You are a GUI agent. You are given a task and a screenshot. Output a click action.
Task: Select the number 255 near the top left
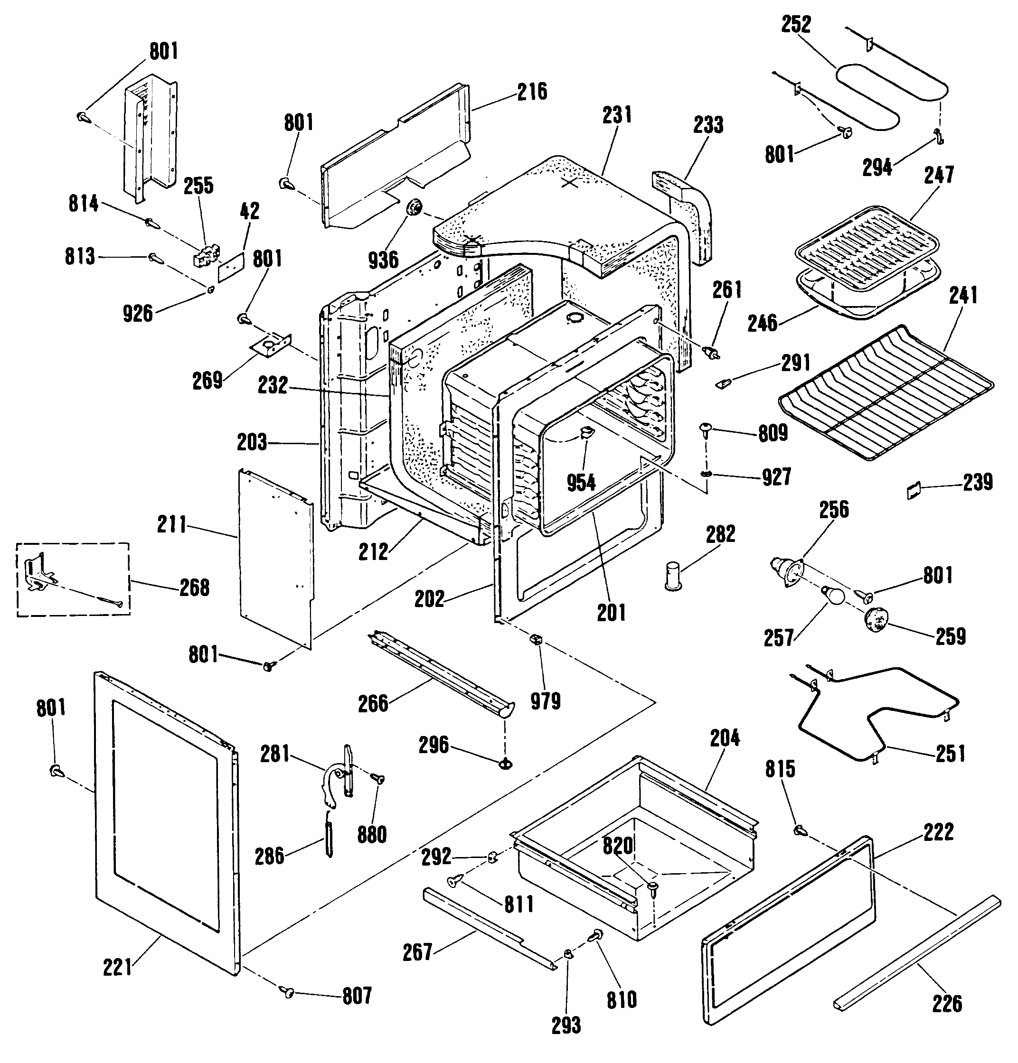(x=198, y=186)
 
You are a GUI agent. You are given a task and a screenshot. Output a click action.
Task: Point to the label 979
(x=546, y=701)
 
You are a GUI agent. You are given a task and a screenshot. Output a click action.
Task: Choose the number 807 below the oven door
(x=357, y=996)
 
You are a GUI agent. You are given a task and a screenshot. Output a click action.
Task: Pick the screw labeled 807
(x=287, y=992)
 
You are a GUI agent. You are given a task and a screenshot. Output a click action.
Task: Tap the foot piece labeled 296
(x=506, y=764)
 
